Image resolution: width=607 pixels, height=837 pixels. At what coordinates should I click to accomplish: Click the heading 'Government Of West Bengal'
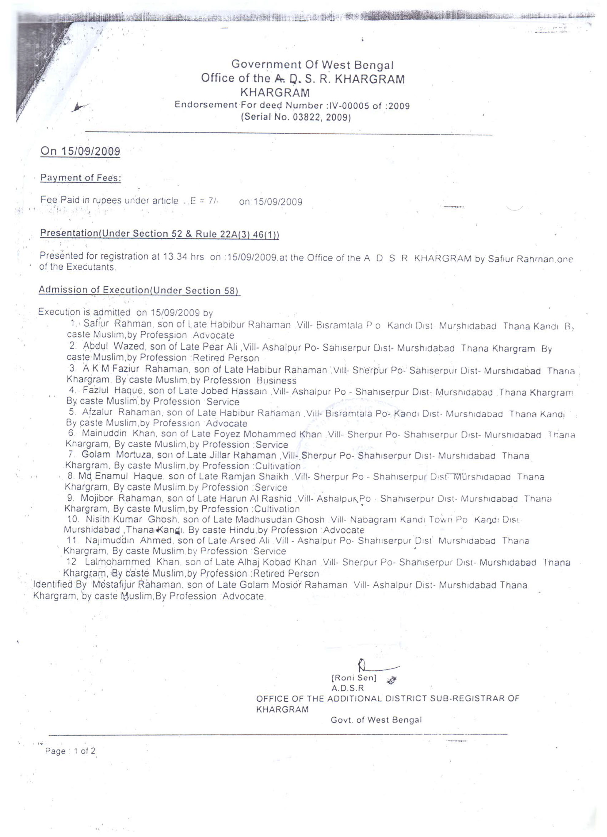(x=312, y=64)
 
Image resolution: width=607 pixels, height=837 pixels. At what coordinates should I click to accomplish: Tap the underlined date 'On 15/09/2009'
(x=80, y=151)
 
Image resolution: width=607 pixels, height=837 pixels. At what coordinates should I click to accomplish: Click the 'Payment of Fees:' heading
(x=80, y=178)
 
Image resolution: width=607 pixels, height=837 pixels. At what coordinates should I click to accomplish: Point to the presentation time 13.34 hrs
(x=183, y=257)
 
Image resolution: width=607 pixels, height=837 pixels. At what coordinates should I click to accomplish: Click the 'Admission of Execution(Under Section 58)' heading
(x=139, y=290)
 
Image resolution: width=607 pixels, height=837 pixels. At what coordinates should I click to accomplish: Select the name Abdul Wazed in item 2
(x=113, y=346)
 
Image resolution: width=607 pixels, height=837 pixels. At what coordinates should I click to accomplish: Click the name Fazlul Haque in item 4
(x=113, y=391)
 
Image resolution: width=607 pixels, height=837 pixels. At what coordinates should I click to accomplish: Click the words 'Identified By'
(x=60, y=584)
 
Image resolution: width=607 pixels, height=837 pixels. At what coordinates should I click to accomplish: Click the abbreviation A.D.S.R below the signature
(x=347, y=688)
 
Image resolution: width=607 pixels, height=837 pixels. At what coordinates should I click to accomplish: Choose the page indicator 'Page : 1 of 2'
(x=70, y=751)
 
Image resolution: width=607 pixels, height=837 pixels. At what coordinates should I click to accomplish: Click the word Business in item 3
(x=277, y=380)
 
